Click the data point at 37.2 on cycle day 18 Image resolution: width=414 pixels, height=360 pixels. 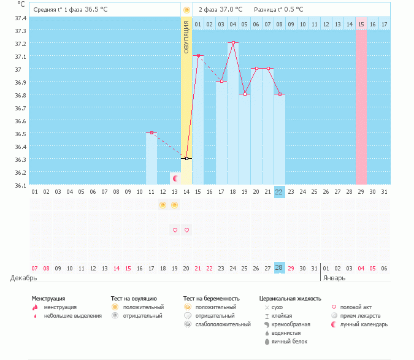point(233,43)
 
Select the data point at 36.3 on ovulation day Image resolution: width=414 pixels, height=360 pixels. point(186,158)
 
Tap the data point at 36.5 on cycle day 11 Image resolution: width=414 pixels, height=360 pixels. point(151,132)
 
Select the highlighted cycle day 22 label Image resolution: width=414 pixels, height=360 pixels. point(279,191)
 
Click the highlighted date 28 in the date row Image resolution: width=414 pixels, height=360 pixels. point(279,269)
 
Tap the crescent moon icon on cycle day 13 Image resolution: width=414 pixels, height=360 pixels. point(175,178)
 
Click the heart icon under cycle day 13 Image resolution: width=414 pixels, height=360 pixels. point(175,230)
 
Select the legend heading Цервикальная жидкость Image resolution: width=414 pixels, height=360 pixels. point(290,299)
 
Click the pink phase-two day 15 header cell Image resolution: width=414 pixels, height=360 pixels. point(361,24)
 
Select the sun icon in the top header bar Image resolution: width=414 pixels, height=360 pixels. point(186,10)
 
